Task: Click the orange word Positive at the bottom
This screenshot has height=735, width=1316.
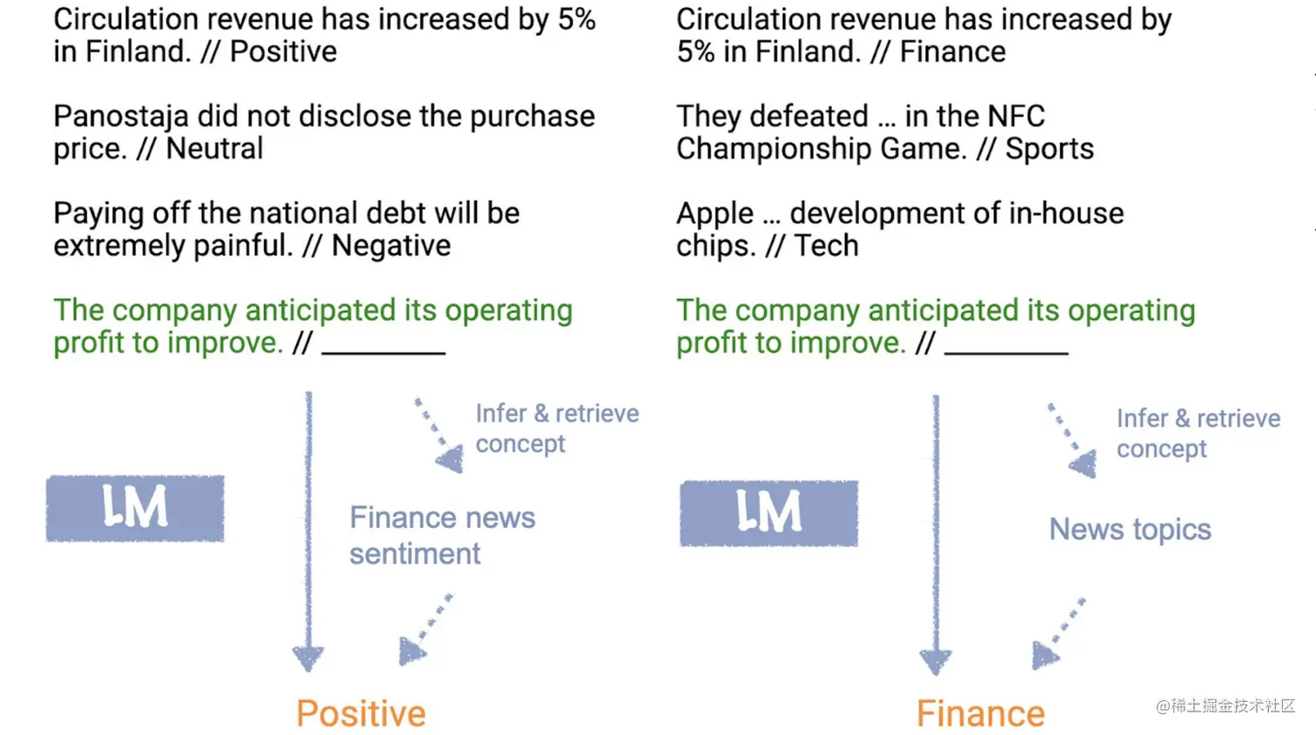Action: tap(361, 714)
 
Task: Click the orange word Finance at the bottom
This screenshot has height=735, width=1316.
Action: tap(980, 714)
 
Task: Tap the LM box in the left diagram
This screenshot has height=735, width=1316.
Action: tap(135, 508)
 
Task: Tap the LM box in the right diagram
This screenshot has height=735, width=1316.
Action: tap(769, 512)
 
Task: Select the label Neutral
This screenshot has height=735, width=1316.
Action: tap(214, 149)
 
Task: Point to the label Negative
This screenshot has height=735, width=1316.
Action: tap(391, 246)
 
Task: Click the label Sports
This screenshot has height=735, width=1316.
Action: tap(1049, 149)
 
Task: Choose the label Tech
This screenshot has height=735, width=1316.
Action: tap(825, 246)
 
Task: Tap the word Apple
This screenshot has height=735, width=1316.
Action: tap(715, 214)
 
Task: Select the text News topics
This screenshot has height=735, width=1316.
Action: tap(1130, 529)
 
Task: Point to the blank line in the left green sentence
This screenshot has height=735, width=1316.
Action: tap(384, 351)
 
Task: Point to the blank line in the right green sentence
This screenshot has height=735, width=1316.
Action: tap(1006, 351)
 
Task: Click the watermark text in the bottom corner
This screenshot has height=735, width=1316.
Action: tap(1225, 705)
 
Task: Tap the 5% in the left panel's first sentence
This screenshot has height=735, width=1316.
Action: tap(576, 19)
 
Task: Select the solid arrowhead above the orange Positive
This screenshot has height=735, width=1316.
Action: tap(308, 658)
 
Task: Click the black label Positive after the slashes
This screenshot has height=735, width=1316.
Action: tap(283, 52)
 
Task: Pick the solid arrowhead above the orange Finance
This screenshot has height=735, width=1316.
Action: tap(936, 661)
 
